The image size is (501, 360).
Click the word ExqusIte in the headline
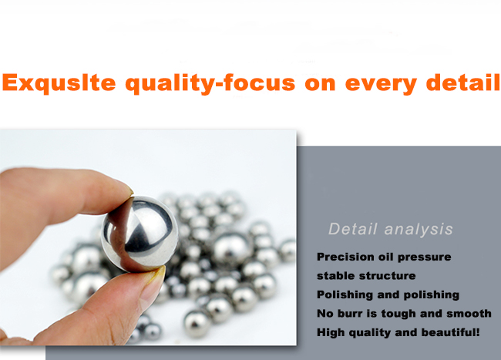point(59,82)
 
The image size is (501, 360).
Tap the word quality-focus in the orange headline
point(210,84)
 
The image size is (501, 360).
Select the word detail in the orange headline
point(463,82)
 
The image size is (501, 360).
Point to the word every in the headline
point(382,84)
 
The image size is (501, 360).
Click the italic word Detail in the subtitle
point(353,229)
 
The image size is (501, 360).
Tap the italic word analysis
point(419,230)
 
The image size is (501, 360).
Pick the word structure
point(388,276)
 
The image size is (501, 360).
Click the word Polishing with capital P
point(345,294)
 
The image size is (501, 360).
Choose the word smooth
point(469,314)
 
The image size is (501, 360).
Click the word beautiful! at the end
point(451,332)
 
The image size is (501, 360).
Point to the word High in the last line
point(331,332)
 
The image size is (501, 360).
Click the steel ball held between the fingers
point(140,234)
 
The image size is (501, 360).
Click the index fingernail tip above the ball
point(130,190)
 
